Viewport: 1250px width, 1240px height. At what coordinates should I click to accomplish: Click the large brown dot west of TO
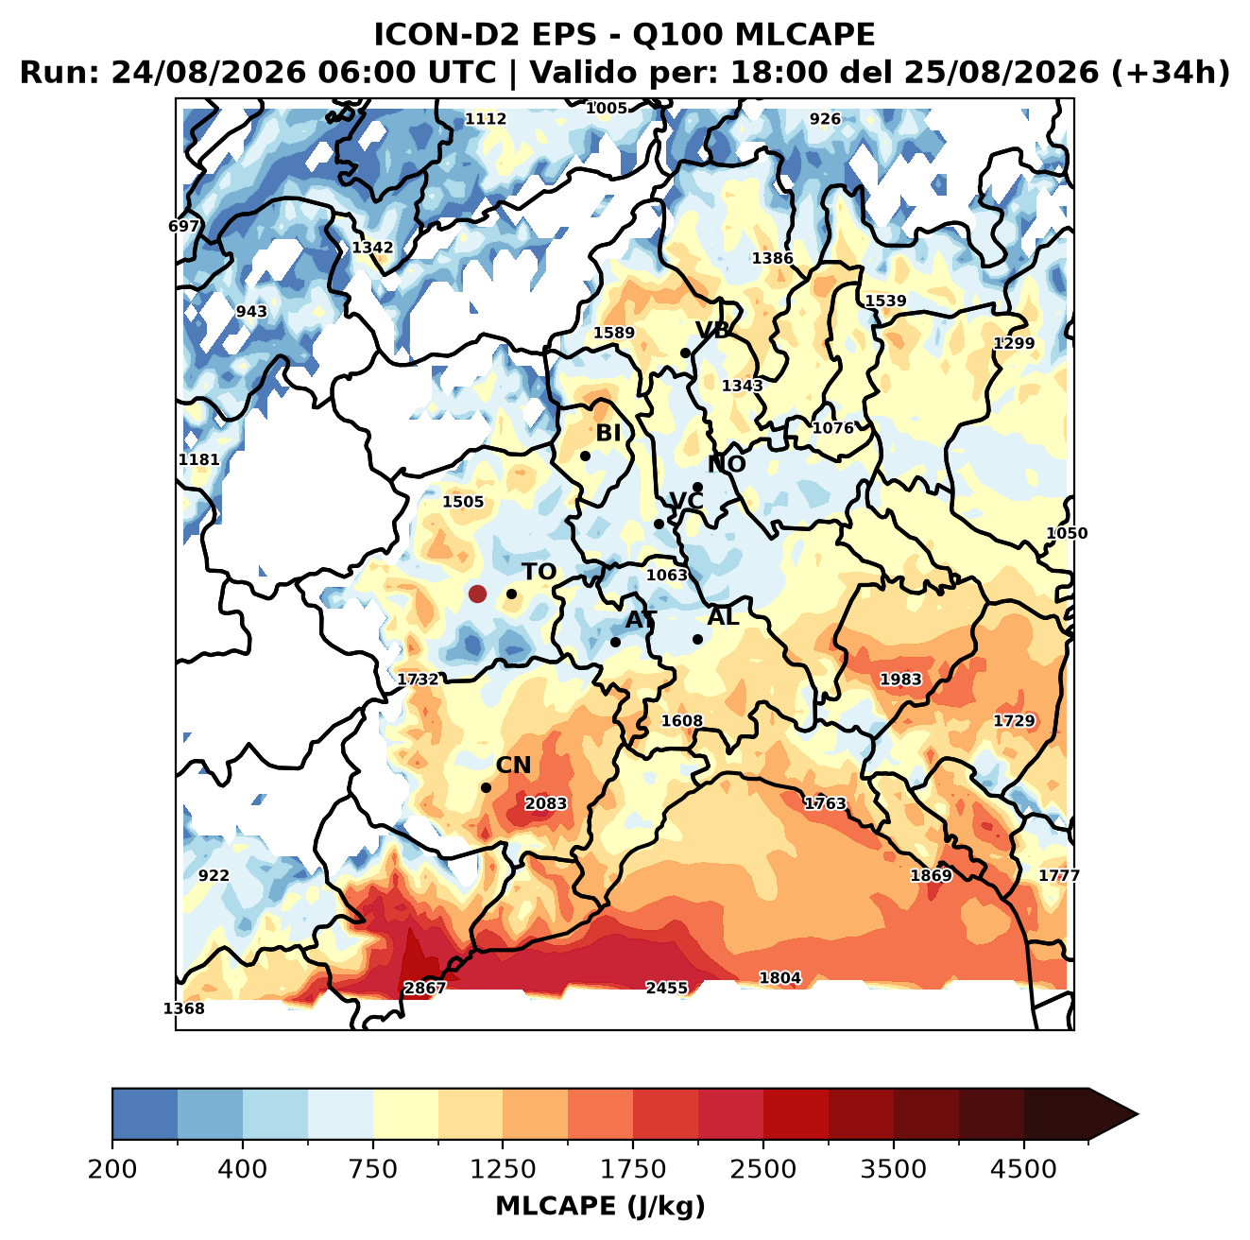click(x=477, y=594)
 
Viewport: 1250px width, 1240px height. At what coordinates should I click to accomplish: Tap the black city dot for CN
click(x=486, y=787)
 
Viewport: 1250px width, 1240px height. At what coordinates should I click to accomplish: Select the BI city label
click(x=608, y=433)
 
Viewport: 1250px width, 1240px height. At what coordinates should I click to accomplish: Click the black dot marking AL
click(x=697, y=639)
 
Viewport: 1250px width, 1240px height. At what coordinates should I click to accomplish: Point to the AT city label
click(x=641, y=620)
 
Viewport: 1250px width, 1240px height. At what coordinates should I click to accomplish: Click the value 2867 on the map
click(x=425, y=988)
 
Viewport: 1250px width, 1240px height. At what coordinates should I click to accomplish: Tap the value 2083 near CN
click(x=545, y=803)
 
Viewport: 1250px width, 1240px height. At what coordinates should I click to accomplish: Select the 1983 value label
click(x=900, y=679)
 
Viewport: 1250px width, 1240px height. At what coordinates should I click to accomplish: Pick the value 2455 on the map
click(x=666, y=988)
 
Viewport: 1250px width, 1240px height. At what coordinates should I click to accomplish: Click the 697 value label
click(x=183, y=227)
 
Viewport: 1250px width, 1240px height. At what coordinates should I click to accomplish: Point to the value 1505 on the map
click(x=463, y=502)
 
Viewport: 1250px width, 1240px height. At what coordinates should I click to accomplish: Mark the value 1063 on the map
click(x=667, y=575)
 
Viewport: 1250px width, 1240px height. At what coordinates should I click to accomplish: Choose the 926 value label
click(x=825, y=119)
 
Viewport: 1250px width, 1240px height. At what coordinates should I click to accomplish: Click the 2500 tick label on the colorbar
click(x=762, y=1168)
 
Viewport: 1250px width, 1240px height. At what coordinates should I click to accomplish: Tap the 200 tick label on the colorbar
click(x=112, y=1168)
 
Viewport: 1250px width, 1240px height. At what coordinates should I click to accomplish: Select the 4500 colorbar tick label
click(x=1023, y=1168)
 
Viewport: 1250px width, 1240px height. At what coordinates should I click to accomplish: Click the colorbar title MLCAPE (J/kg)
click(x=600, y=1206)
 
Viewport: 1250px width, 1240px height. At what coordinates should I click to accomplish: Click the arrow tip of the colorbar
click(x=1138, y=1114)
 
